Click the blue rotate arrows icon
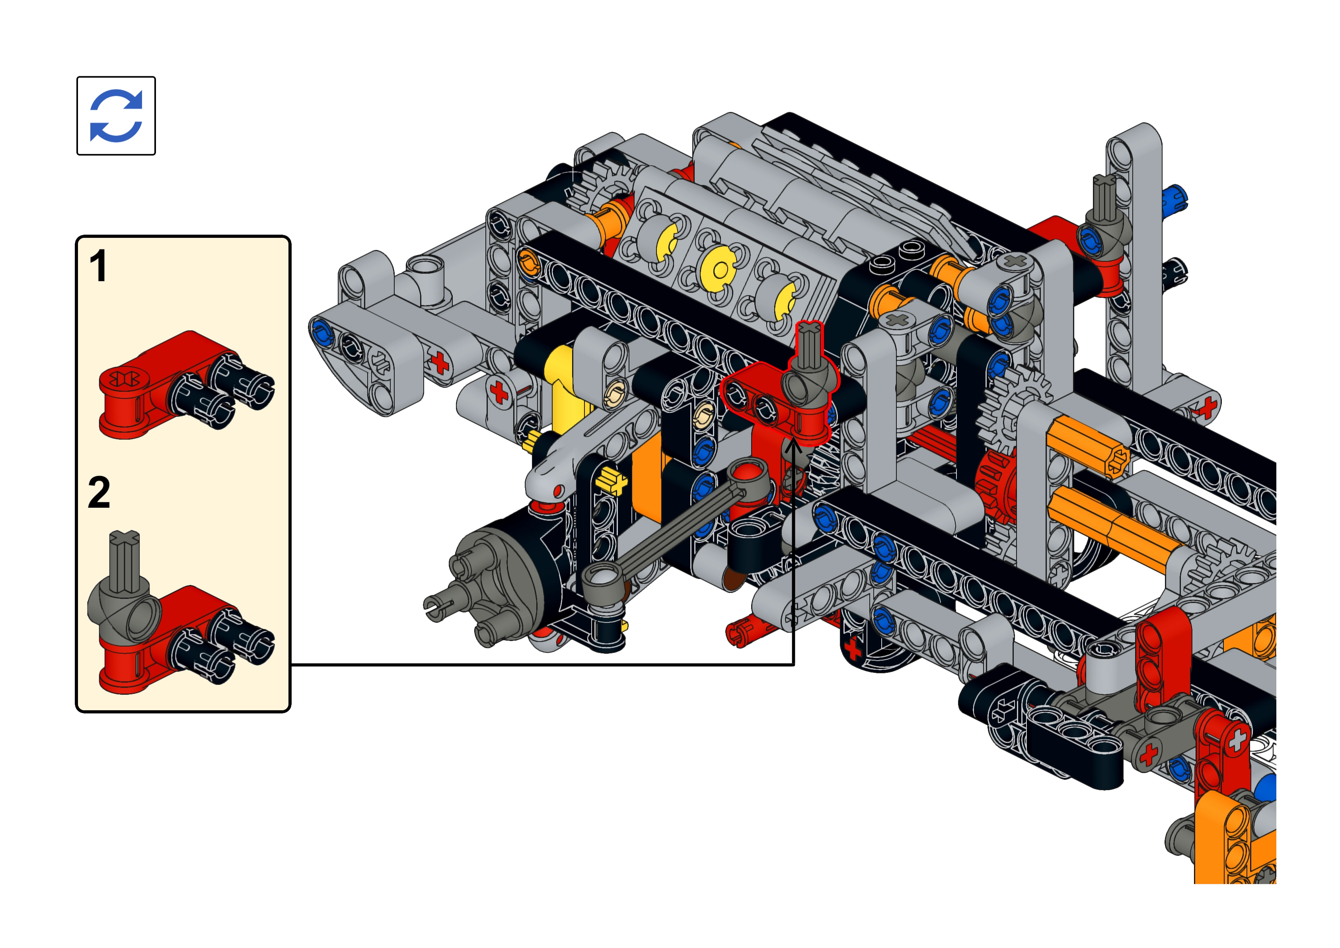point(116,116)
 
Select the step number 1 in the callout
point(98,266)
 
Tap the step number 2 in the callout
point(99,493)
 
